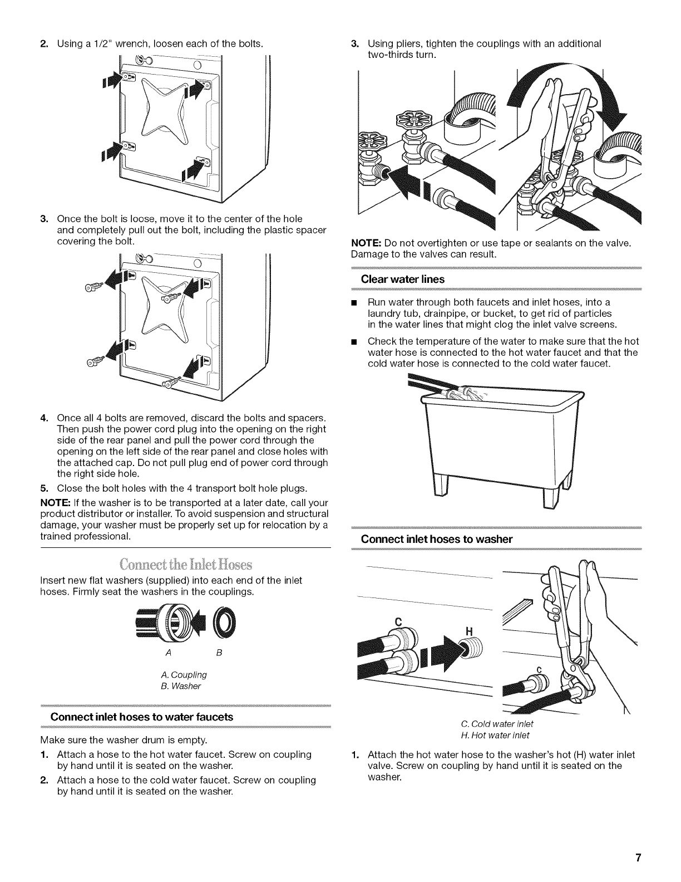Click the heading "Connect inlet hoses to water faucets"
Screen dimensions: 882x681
(x=141, y=716)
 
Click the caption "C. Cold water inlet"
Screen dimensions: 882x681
(x=497, y=724)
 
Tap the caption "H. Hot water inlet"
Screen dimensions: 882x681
(x=497, y=735)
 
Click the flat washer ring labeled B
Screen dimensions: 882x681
(x=224, y=623)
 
